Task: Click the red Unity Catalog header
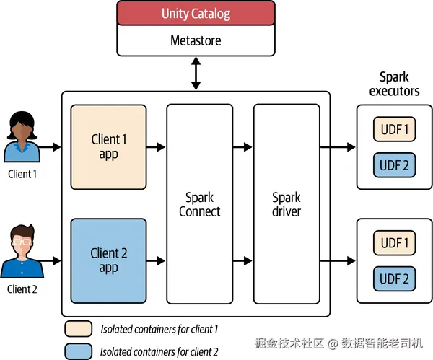(196, 14)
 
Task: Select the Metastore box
(196, 40)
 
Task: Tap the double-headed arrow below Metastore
(196, 74)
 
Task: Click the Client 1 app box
(108, 146)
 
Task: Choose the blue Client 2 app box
(108, 260)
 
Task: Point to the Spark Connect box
(200, 204)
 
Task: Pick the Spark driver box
(287, 204)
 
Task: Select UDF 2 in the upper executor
(394, 164)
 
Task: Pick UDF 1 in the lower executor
(394, 243)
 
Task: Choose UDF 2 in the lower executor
(394, 278)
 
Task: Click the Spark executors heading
(394, 84)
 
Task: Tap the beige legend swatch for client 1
(78, 329)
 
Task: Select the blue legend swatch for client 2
(78, 351)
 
